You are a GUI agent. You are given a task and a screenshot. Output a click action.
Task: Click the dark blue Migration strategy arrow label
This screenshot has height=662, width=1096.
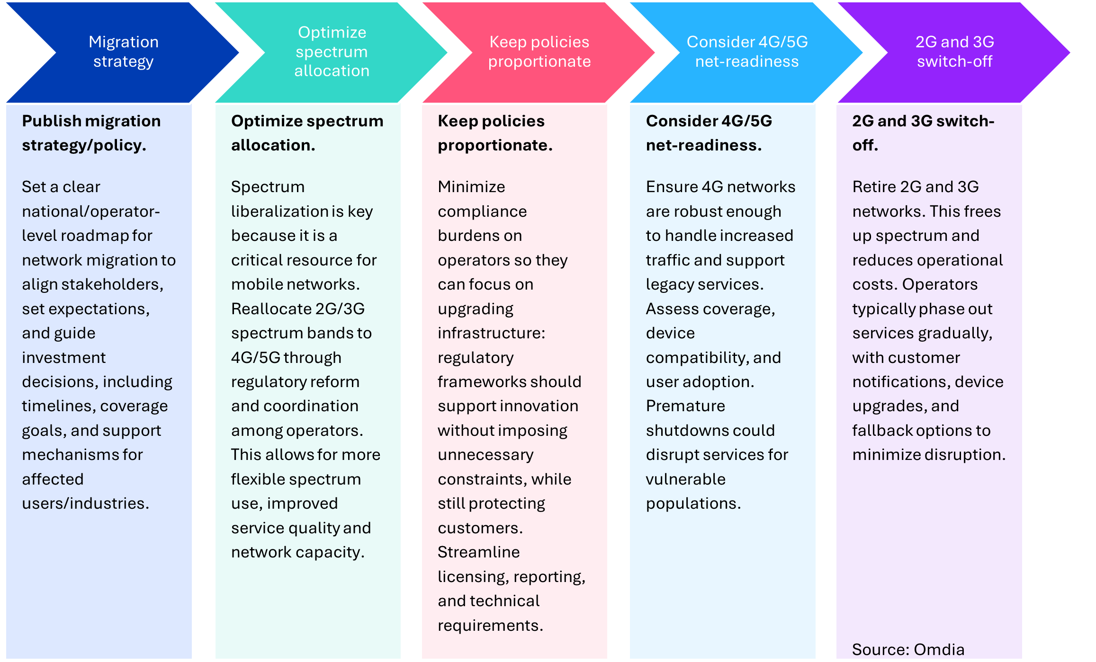coord(123,52)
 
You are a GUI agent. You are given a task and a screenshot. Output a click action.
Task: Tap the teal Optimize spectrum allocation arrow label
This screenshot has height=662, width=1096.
coord(332,52)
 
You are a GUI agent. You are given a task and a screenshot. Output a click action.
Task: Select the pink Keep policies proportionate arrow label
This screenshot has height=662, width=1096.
coord(539,52)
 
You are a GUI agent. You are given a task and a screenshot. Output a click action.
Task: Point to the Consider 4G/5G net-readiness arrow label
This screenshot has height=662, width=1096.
coord(747,52)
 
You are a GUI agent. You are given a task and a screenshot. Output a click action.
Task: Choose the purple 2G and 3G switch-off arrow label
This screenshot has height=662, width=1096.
coord(954,52)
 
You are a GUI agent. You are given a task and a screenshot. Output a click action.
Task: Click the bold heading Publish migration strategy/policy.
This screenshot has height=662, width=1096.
coord(91,133)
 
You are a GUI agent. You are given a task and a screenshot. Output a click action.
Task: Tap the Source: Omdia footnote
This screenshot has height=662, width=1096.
coord(908,649)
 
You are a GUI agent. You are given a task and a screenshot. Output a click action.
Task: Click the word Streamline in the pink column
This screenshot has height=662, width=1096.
coord(478,552)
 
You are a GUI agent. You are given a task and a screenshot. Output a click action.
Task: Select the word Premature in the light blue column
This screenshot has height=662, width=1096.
coord(685,406)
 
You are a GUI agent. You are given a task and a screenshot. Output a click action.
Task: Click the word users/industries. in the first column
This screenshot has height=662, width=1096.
coord(85,503)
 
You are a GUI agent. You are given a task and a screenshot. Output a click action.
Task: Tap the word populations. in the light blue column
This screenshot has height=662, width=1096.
coord(693,503)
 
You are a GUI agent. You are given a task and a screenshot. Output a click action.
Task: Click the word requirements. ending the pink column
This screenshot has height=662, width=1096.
coord(490,626)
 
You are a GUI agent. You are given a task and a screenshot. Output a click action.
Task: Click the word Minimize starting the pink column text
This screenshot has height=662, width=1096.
coord(471,187)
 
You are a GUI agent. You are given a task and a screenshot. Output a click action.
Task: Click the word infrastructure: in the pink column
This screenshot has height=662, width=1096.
coord(491,333)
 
